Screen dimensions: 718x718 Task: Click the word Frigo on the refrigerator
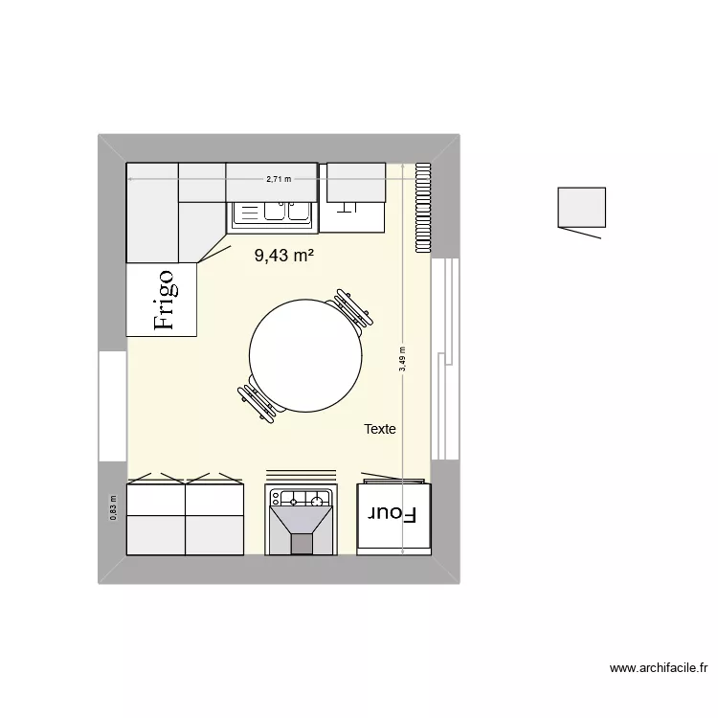pyautogui.click(x=164, y=299)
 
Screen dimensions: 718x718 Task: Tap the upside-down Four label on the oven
pyautogui.click(x=393, y=514)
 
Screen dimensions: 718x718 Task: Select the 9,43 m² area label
pyautogui.click(x=284, y=256)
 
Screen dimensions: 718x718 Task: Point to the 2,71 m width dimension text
pyautogui.click(x=279, y=179)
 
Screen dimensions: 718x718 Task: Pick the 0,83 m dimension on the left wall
pyautogui.click(x=113, y=506)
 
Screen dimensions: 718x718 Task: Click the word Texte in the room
pyautogui.click(x=380, y=430)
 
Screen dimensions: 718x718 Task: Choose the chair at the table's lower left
pyautogui.click(x=260, y=397)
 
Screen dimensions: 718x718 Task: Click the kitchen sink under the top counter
pyautogui.click(x=272, y=213)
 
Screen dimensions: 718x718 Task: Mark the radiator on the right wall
pyautogui.click(x=422, y=208)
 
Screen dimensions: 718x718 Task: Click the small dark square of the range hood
pyautogui.click(x=302, y=544)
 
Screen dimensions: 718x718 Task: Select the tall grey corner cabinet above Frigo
pyautogui.click(x=152, y=213)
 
